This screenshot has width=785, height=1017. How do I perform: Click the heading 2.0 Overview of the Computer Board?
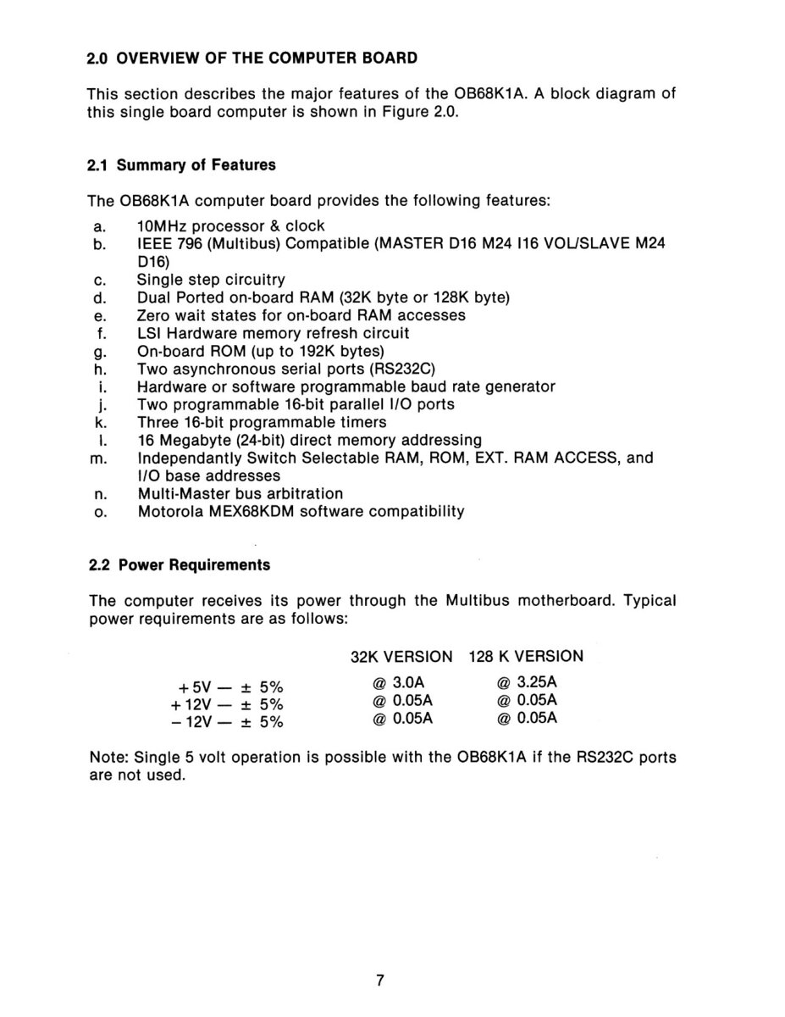(x=252, y=58)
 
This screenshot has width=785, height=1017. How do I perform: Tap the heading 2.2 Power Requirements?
(x=180, y=564)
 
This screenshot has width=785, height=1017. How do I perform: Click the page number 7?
(x=381, y=981)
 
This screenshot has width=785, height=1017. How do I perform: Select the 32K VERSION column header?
(x=401, y=656)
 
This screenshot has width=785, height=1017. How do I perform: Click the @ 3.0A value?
(x=391, y=682)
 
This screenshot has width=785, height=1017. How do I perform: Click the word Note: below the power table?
(x=108, y=757)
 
